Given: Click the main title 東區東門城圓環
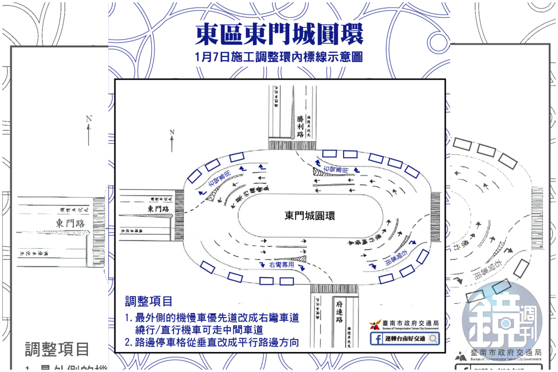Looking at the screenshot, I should coord(279,35).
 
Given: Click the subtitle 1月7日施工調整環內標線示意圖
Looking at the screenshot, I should coord(279,57).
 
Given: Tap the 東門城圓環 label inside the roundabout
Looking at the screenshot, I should coord(310,216).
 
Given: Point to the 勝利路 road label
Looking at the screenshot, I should coord(300,126).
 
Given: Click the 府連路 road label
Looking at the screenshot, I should coord(339,312).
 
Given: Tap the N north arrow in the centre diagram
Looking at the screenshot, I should coord(172,141).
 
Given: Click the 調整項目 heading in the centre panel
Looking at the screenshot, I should coord(149,301).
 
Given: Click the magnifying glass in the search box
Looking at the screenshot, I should coord(433,338).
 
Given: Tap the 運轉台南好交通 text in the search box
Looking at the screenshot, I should coord(405,338).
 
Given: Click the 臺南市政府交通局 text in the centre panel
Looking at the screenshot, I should coord(410,323).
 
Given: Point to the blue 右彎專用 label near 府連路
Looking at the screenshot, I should coord(281,265).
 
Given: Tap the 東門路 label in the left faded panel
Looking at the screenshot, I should coord(70,223).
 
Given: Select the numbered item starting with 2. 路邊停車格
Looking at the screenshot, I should coord(212,342).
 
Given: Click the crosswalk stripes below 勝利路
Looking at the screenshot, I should coord(292,145).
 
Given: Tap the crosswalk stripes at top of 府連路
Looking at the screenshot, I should coord(334,289).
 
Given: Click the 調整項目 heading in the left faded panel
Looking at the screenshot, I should coord(57,349).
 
